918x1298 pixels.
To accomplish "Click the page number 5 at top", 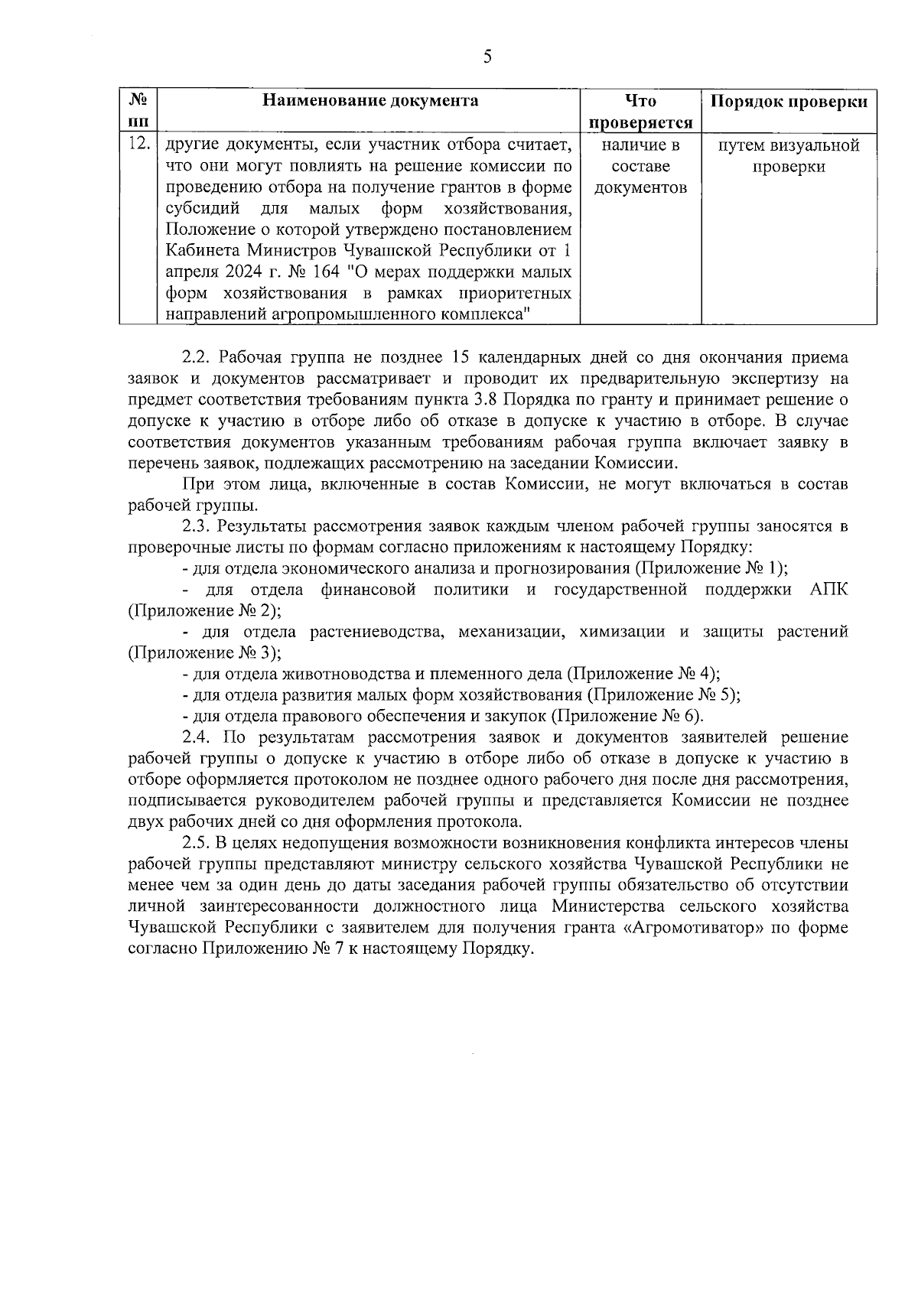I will click(x=487, y=57).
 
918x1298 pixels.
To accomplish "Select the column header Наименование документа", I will click(x=370, y=101).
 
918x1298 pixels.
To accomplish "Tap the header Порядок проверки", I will click(x=789, y=102).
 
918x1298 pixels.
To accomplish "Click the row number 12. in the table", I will click(x=138, y=144).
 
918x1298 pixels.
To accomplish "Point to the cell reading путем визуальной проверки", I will click(x=789, y=156).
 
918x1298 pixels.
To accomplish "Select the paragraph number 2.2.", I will click(x=197, y=357).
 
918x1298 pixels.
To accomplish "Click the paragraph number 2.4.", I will click(x=197, y=737).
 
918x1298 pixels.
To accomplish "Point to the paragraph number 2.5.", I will click(x=197, y=843).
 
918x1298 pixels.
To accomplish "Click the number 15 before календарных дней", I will click(x=461, y=357).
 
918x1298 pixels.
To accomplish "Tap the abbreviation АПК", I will click(x=828, y=590).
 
